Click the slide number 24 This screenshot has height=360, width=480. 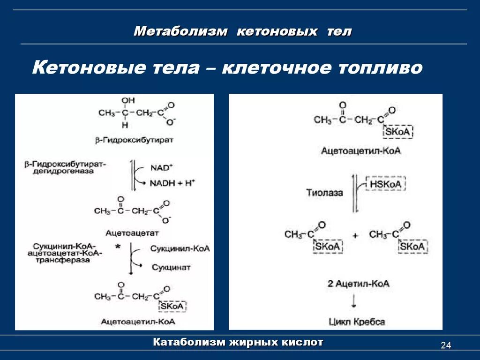point(445,346)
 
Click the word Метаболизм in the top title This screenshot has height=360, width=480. point(181,32)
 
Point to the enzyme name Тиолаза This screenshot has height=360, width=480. point(325,192)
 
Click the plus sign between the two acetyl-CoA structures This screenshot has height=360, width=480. point(355,236)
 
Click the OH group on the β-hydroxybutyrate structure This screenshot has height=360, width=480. point(127,101)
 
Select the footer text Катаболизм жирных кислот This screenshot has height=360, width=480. point(239,342)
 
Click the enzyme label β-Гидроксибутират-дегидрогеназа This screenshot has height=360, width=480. point(66,168)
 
